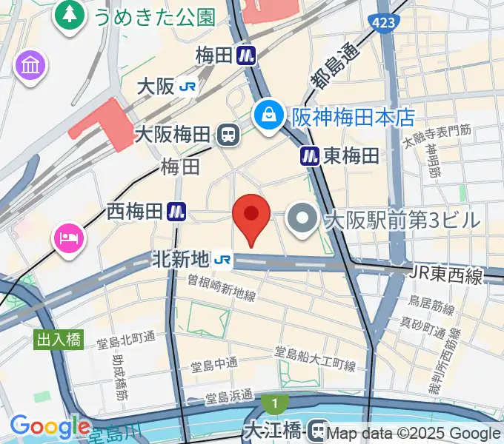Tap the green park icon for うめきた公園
70,16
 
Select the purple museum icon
30,66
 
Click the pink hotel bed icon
68,239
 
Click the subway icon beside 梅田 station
247,55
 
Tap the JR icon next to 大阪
188,87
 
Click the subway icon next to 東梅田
310,155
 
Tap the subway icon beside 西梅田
176,212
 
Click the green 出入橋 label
59,340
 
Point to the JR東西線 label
445,276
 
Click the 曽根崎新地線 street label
222,288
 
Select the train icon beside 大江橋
319,429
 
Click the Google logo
50,426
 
